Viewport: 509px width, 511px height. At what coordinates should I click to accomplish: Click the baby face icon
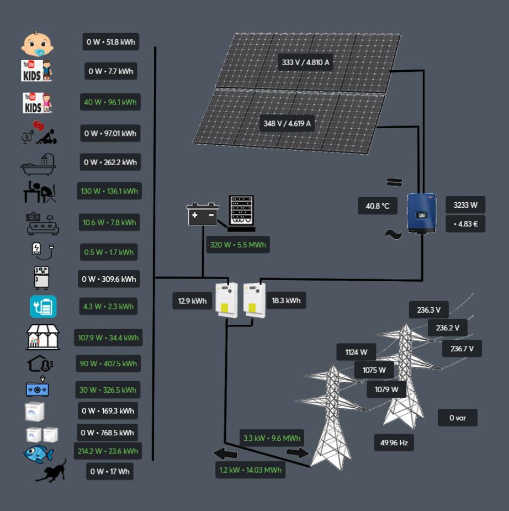37,44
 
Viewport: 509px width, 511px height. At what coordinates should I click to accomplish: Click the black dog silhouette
51,471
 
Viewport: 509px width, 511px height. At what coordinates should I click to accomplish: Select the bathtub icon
38,162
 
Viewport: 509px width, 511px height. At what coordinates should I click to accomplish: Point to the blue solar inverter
422,213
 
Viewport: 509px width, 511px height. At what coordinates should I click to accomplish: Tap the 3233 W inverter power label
465,205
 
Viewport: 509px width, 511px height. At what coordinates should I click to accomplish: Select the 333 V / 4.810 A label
306,62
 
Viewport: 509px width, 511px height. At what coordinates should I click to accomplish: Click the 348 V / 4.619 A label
287,123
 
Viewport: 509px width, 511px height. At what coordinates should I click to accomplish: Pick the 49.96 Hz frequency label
394,442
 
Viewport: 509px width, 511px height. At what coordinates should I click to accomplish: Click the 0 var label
457,418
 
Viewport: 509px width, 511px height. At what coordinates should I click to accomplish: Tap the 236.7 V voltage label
462,349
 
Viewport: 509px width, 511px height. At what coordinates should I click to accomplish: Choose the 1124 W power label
356,352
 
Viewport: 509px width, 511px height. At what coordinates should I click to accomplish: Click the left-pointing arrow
225,454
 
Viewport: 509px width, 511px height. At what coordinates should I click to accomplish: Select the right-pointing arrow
298,453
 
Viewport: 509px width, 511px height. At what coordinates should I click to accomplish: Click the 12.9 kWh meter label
192,301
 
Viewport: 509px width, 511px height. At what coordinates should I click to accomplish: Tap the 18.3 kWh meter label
286,301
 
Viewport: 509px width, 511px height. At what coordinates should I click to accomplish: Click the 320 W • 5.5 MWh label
238,244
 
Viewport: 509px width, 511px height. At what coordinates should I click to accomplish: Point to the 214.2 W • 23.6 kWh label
108,451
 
